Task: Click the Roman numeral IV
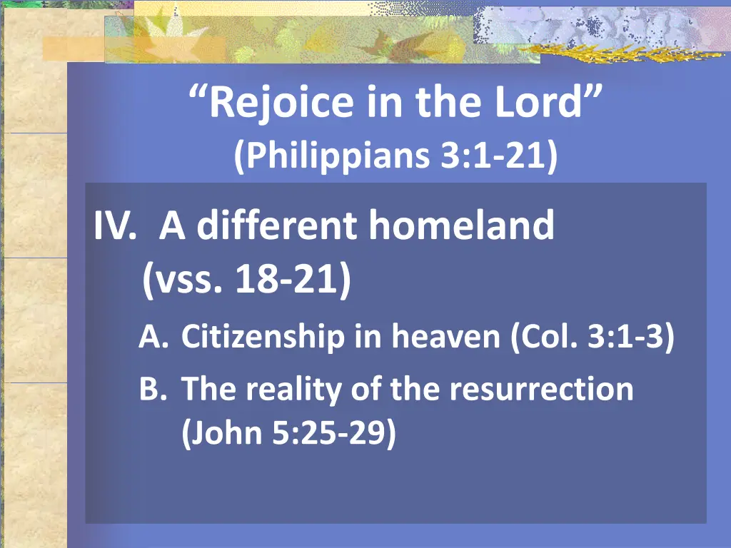click(x=114, y=226)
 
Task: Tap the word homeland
click(x=462, y=226)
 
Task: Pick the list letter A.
click(x=152, y=337)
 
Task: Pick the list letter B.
click(x=151, y=390)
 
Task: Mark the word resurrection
click(x=540, y=390)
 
